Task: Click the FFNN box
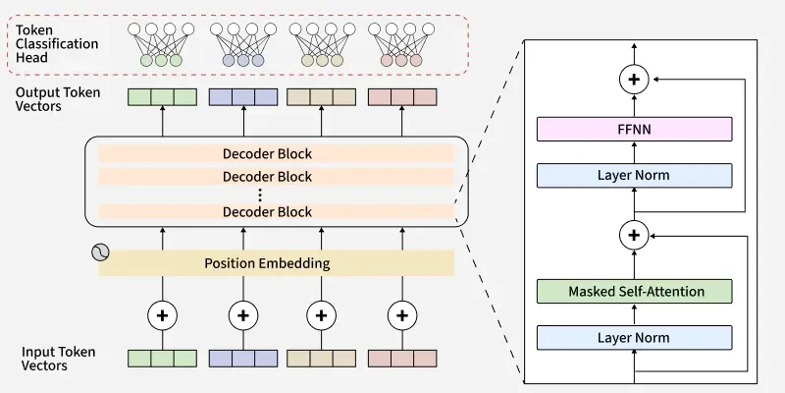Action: pyautogui.click(x=635, y=129)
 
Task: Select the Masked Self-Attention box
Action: pyautogui.click(x=635, y=291)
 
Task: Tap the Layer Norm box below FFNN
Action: pyautogui.click(x=635, y=176)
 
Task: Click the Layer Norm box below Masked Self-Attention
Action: pyautogui.click(x=635, y=338)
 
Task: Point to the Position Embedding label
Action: pyautogui.click(x=267, y=263)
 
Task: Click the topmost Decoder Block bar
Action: pyautogui.click(x=268, y=154)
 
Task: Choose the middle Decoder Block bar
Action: pyautogui.click(x=268, y=177)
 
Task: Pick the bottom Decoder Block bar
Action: pyautogui.click(x=268, y=212)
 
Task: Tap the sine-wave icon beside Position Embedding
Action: pyautogui.click(x=100, y=252)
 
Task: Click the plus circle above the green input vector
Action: pyautogui.click(x=162, y=315)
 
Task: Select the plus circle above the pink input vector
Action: pyautogui.click(x=401, y=315)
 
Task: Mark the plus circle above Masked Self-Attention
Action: pyautogui.click(x=635, y=235)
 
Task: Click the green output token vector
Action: pyautogui.click(x=162, y=98)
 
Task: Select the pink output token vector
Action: pyautogui.click(x=401, y=98)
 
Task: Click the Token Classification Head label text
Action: pyautogui.click(x=56, y=44)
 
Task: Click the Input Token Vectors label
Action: pyautogui.click(x=60, y=358)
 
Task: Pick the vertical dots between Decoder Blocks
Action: pyautogui.click(x=261, y=195)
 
